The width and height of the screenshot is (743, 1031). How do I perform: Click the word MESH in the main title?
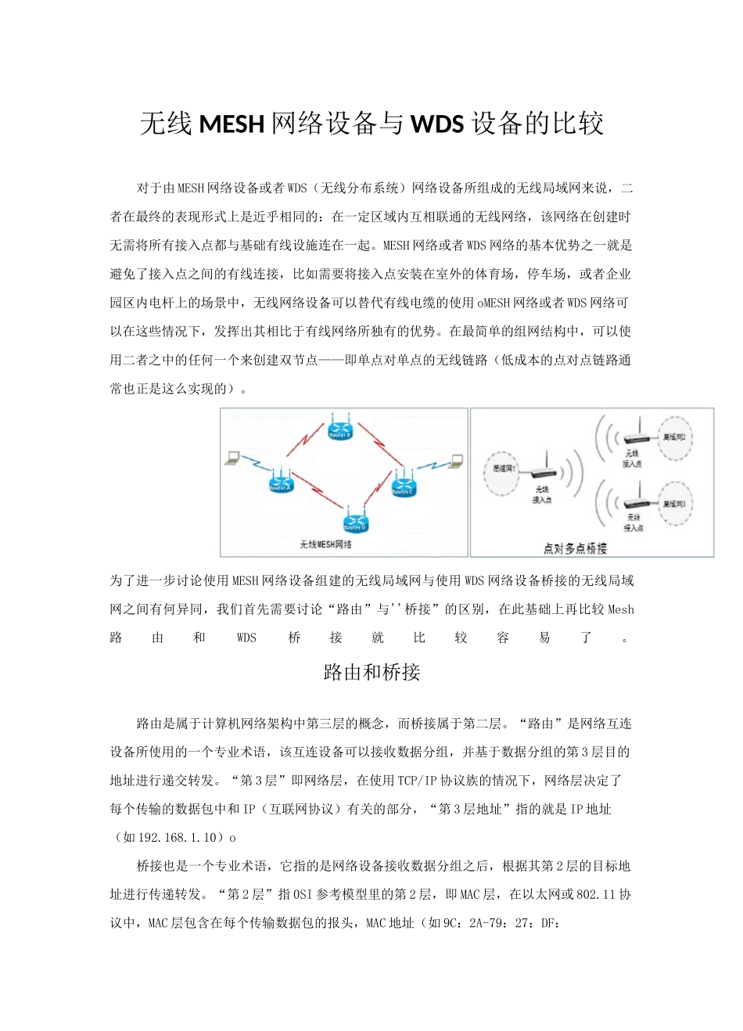pos(232,124)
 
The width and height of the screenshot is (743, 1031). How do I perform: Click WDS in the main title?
pos(436,124)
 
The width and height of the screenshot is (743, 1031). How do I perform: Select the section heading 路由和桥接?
pos(371,672)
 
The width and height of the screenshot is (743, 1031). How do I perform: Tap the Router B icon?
pos(339,428)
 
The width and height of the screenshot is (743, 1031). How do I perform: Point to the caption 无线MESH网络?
pos(326,544)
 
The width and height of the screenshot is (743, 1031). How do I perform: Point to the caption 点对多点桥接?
pos(575,548)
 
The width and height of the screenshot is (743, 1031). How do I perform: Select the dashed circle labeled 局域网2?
pos(673,439)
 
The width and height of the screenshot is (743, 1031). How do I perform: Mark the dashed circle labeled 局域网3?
pos(673,505)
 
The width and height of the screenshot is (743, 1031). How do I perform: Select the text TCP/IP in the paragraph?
pos(418,780)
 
